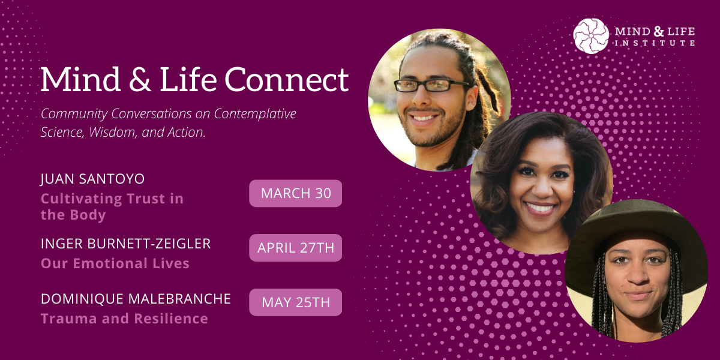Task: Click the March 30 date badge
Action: click(295, 193)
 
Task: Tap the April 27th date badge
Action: click(295, 248)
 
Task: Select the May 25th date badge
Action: click(295, 302)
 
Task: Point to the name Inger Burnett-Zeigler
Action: click(127, 244)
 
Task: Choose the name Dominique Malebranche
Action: click(136, 299)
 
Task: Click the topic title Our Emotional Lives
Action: click(115, 263)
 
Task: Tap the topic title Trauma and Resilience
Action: click(124, 319)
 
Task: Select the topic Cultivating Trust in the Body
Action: click(112, 206)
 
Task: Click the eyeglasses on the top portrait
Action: click(424, 85)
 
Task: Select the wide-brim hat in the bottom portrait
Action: click(636, 225)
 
